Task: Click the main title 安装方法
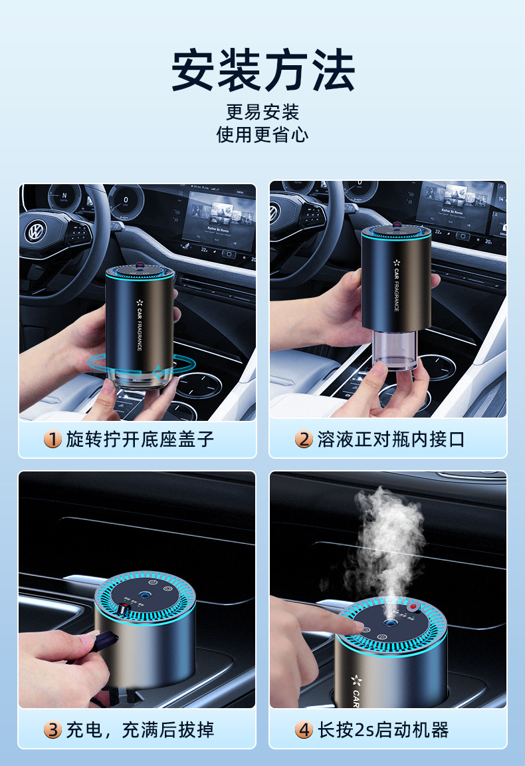tap(262, 70)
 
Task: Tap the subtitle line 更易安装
tap(262, 112)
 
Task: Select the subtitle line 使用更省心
tap(262, 134)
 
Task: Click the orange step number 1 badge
tap(53, 439)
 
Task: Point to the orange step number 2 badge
tap(304, 439)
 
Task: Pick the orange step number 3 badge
tap(53, 729)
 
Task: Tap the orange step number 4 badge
tap(304, 729)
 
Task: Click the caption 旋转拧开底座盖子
tap(140, 439)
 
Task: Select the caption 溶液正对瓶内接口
tap(391, 439)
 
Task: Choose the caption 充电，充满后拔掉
tap(140, 729)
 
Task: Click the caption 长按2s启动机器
tap(383, 729)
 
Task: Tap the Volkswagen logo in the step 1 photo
tap(34, 231)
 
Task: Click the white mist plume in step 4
tap(385, 539)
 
